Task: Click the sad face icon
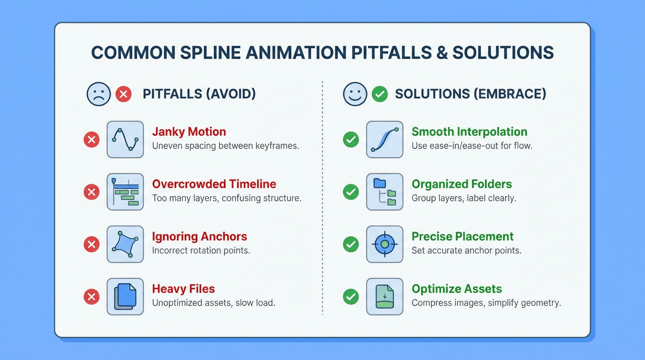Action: (99, 94)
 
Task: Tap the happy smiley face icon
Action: (355, 94)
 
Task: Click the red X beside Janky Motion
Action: (91, 139)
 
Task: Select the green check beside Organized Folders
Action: (351, 192)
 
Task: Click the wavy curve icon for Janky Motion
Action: (125, 139)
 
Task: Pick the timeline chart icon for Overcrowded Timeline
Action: (125, 192)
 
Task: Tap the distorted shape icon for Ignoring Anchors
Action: (125, 244)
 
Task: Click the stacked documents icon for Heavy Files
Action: (125, 297)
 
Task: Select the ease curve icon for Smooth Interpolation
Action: (384, 139)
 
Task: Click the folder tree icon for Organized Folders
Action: (384, 192)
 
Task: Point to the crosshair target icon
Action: (384, 244)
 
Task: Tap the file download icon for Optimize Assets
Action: (384, 297)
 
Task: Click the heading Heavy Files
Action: (183, 289)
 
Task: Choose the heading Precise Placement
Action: (462, 236)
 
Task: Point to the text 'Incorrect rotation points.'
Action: (201, 251)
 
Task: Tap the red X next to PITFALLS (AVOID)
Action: (123, 94)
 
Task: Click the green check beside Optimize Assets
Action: (351, 297)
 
